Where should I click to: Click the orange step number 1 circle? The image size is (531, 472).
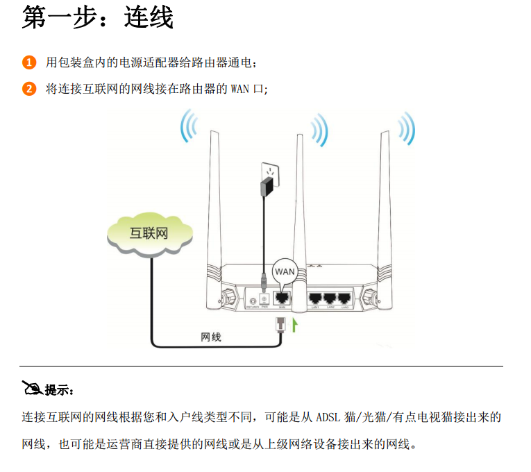pyautogui.click(x=28, y=63)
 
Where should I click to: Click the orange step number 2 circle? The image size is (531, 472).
pyautogui.click(x=28, y=89)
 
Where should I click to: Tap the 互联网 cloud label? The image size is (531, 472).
pyautogui.click(x=149, y=233)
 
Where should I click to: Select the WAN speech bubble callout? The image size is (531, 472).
pyautogui.click(x=285, y=271)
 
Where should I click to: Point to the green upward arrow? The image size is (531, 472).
pyautogui.click(x=296, y=324)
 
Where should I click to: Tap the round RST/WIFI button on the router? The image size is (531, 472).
pyautogui.click(x=253, y=297)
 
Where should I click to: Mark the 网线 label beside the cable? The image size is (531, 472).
pyautogui.click(x=210, y=337)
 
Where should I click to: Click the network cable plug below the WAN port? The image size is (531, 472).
pyautogui.click(x=281, y=322)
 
